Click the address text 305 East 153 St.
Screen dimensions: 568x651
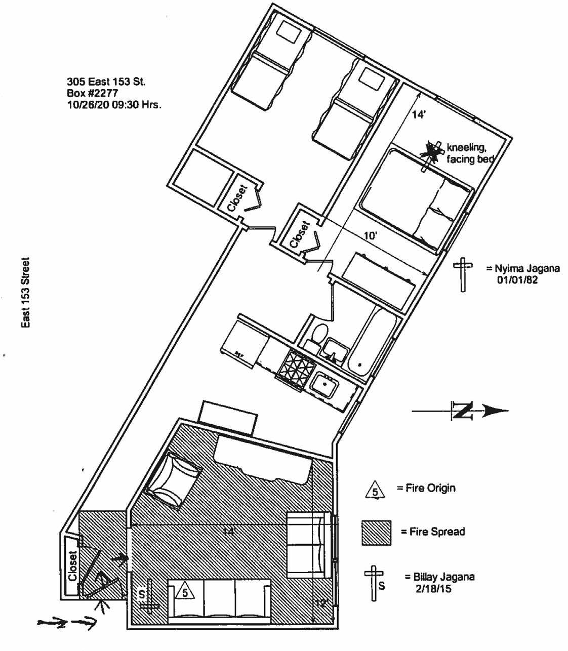106,82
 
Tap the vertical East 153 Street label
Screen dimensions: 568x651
25,293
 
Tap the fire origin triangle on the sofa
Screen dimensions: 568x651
185,592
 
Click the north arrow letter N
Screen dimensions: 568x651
462,411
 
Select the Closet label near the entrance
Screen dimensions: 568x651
72,565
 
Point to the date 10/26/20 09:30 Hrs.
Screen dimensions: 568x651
114,105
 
